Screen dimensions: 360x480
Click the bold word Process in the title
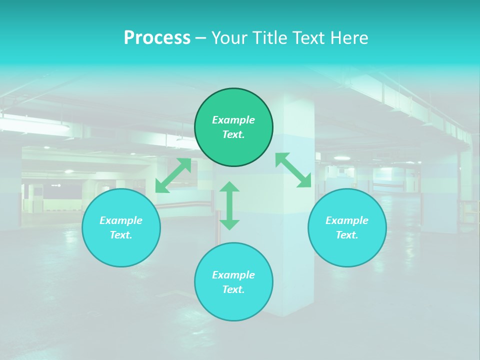[157, 38]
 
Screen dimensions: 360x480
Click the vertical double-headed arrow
[229, 205]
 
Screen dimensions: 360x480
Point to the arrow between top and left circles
[173, 175]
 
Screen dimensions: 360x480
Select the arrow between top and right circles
[293, 170]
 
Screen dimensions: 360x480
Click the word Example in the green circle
[233, 120]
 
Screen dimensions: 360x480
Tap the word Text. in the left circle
[121, 235]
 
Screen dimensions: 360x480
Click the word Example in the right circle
[347, 220]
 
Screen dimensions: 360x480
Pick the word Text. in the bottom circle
[233, 289]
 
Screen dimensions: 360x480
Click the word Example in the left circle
[121, 220]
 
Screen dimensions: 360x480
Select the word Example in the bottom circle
[233, 275]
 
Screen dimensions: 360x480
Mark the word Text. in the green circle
[233, 134]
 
